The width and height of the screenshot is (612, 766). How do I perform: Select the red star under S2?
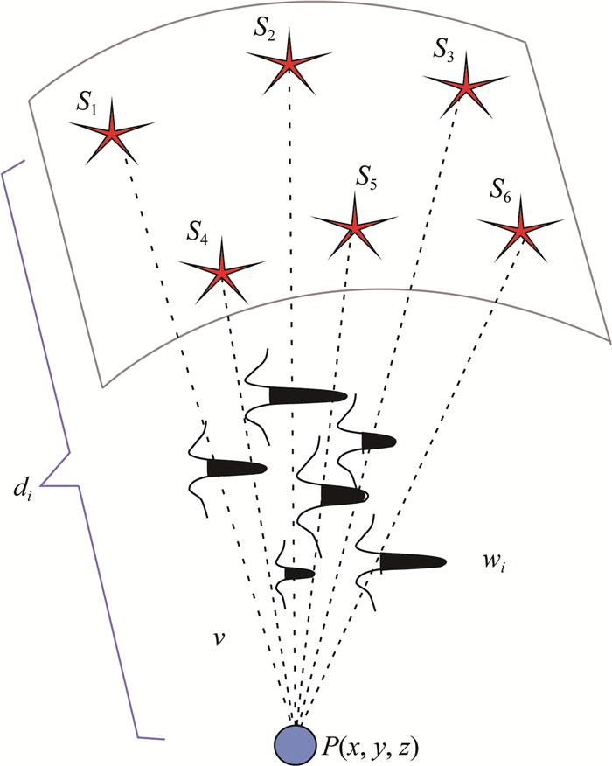point(287,62)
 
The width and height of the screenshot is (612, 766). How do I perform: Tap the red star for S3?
point(466,86)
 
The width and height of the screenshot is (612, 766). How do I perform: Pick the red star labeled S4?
point(220,272)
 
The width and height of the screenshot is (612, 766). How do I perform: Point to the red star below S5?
point(354,226)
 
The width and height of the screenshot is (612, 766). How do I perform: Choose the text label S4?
point(197,233)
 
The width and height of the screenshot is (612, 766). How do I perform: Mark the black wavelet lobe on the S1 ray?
point(234,469)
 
